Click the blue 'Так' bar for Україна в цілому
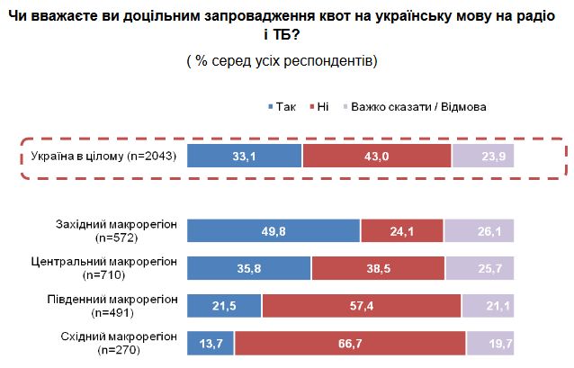(x=244, y=156)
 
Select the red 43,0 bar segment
(x=376, y=156)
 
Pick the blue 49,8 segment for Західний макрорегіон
(x=273, y=231)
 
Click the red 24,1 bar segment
(x=401, y=231)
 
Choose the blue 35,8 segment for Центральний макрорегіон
(x=248, y=268)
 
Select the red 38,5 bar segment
(x=378, y=268)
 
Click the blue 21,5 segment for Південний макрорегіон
(x=223, y=305)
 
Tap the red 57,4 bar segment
(x=361, y=305)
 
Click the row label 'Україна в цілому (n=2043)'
(x=103, y=157)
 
